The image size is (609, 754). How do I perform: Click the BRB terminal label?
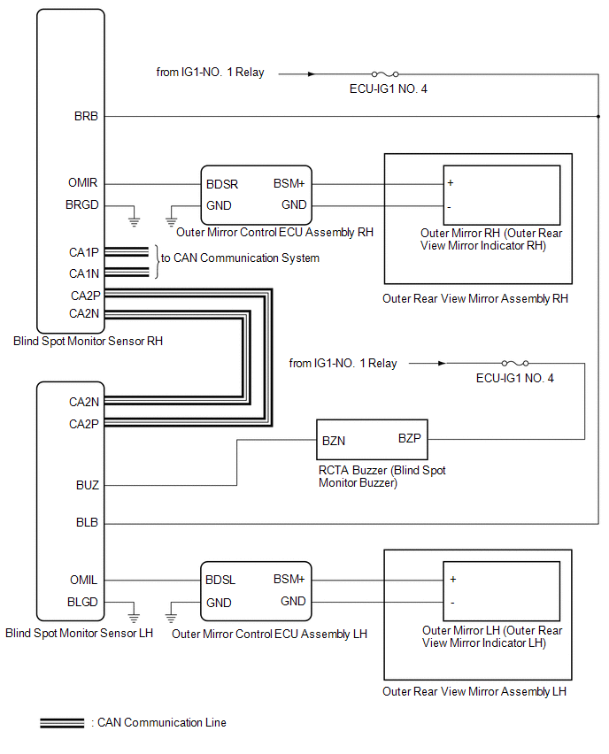tap(87, 116)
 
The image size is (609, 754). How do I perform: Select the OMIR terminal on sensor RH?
tap(84, 184)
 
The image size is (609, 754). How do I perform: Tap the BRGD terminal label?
tap(84, 205)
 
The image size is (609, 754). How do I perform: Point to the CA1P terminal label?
tap(84, 252)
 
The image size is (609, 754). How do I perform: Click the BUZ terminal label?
tap(88, 486)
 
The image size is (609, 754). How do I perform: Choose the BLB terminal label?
tap(88, 524)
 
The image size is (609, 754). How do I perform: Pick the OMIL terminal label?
tap(84, 581)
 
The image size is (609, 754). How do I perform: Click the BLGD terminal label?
tap(84, 602)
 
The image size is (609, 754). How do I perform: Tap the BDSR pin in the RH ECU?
tap(221, 184)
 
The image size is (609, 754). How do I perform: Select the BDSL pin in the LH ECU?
tap(221, 581)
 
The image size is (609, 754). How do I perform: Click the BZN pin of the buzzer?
tap(334, 439)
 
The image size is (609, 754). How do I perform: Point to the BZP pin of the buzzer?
tap(410, 439)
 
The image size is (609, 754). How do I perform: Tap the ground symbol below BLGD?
tap(134, 614)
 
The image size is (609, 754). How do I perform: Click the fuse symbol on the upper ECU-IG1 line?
tap(386, 74)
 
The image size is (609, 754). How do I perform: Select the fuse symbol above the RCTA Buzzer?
tap(515, 363)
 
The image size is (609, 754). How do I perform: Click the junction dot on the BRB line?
tap(597, 116)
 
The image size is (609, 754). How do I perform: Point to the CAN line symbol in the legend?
tap(62, 723)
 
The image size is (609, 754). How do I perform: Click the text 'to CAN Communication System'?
tap(239, 258)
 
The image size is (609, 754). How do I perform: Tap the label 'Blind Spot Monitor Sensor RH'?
tap(89, 340)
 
